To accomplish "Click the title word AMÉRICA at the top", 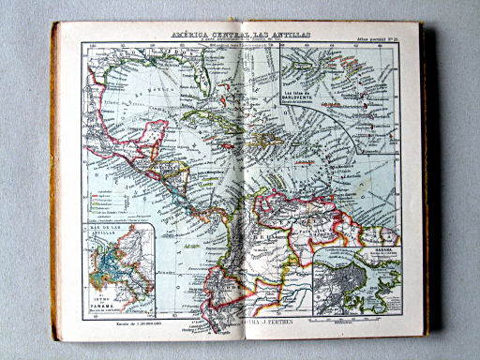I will [191, 35].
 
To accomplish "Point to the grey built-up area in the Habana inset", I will [375, 281].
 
